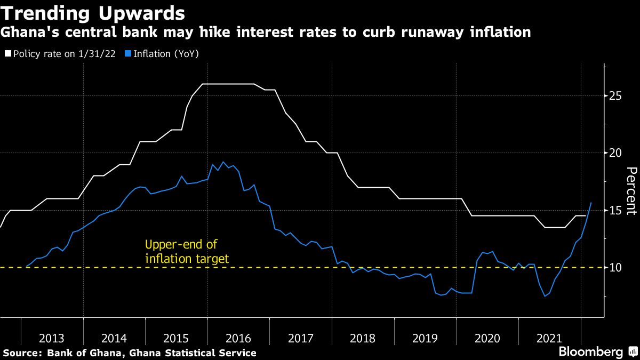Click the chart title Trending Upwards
click(93, 13)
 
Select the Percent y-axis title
click(631, 190)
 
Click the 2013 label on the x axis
click(52, 338)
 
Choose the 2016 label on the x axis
click(238, 338)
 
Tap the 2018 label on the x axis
click(363, 338)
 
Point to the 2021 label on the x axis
click(549, 338)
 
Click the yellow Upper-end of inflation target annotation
click(187, 252)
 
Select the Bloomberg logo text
click(590, 352)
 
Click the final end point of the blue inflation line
click(591, 203)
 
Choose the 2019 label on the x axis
click(425, 338)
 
